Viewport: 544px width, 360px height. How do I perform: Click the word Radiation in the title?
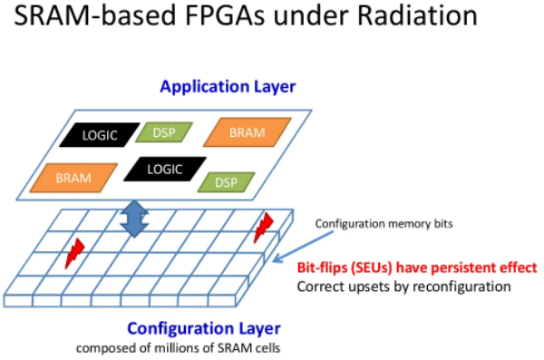tap(417, 15)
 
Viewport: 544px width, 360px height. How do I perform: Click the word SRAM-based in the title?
tap(94, 15)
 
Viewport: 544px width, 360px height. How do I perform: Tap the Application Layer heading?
tap(228, 87)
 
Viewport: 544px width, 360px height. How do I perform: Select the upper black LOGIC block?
tap(100, 135)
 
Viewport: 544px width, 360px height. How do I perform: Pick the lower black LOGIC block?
tap(165, 169)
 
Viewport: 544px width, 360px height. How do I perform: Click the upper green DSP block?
tap(164, 132)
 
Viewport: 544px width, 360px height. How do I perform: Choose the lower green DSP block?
tap(226, 182)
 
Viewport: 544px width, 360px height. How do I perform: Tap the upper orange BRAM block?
tap(247, 132)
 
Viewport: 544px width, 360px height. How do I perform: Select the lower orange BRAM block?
tap(73, 178)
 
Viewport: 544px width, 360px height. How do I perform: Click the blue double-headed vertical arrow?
tap(134, 219)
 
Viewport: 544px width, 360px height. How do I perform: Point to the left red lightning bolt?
tap(75, 253)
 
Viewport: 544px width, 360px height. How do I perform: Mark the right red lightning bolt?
tap(263, 228)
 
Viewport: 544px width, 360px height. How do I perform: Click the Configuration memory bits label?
tap(384, 224)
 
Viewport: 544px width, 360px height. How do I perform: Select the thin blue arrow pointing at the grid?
tap(303, 247)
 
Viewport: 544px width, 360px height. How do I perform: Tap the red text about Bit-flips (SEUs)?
tap(417, 268)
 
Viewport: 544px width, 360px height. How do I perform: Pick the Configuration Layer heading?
tap(204, 328)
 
